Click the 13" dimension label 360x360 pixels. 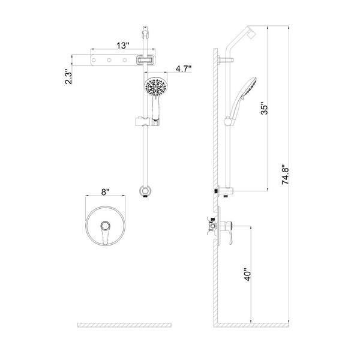[123, 46]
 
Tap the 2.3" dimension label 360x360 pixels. [68, 76]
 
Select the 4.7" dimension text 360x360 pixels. [184, 68]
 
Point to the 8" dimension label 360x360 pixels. [106, 192]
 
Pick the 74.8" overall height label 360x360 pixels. [286, 175]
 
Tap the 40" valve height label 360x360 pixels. [247, 274]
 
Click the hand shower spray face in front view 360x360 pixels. [156, 87]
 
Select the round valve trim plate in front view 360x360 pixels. [106, 226]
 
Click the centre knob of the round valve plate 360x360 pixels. [106, 226]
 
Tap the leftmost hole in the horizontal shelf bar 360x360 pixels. [94, 60]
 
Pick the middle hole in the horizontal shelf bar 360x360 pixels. [109, 60]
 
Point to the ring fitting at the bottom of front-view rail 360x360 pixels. [145, 191]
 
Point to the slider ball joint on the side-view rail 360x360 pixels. [228, 121]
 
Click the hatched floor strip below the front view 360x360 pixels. [124, 325]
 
